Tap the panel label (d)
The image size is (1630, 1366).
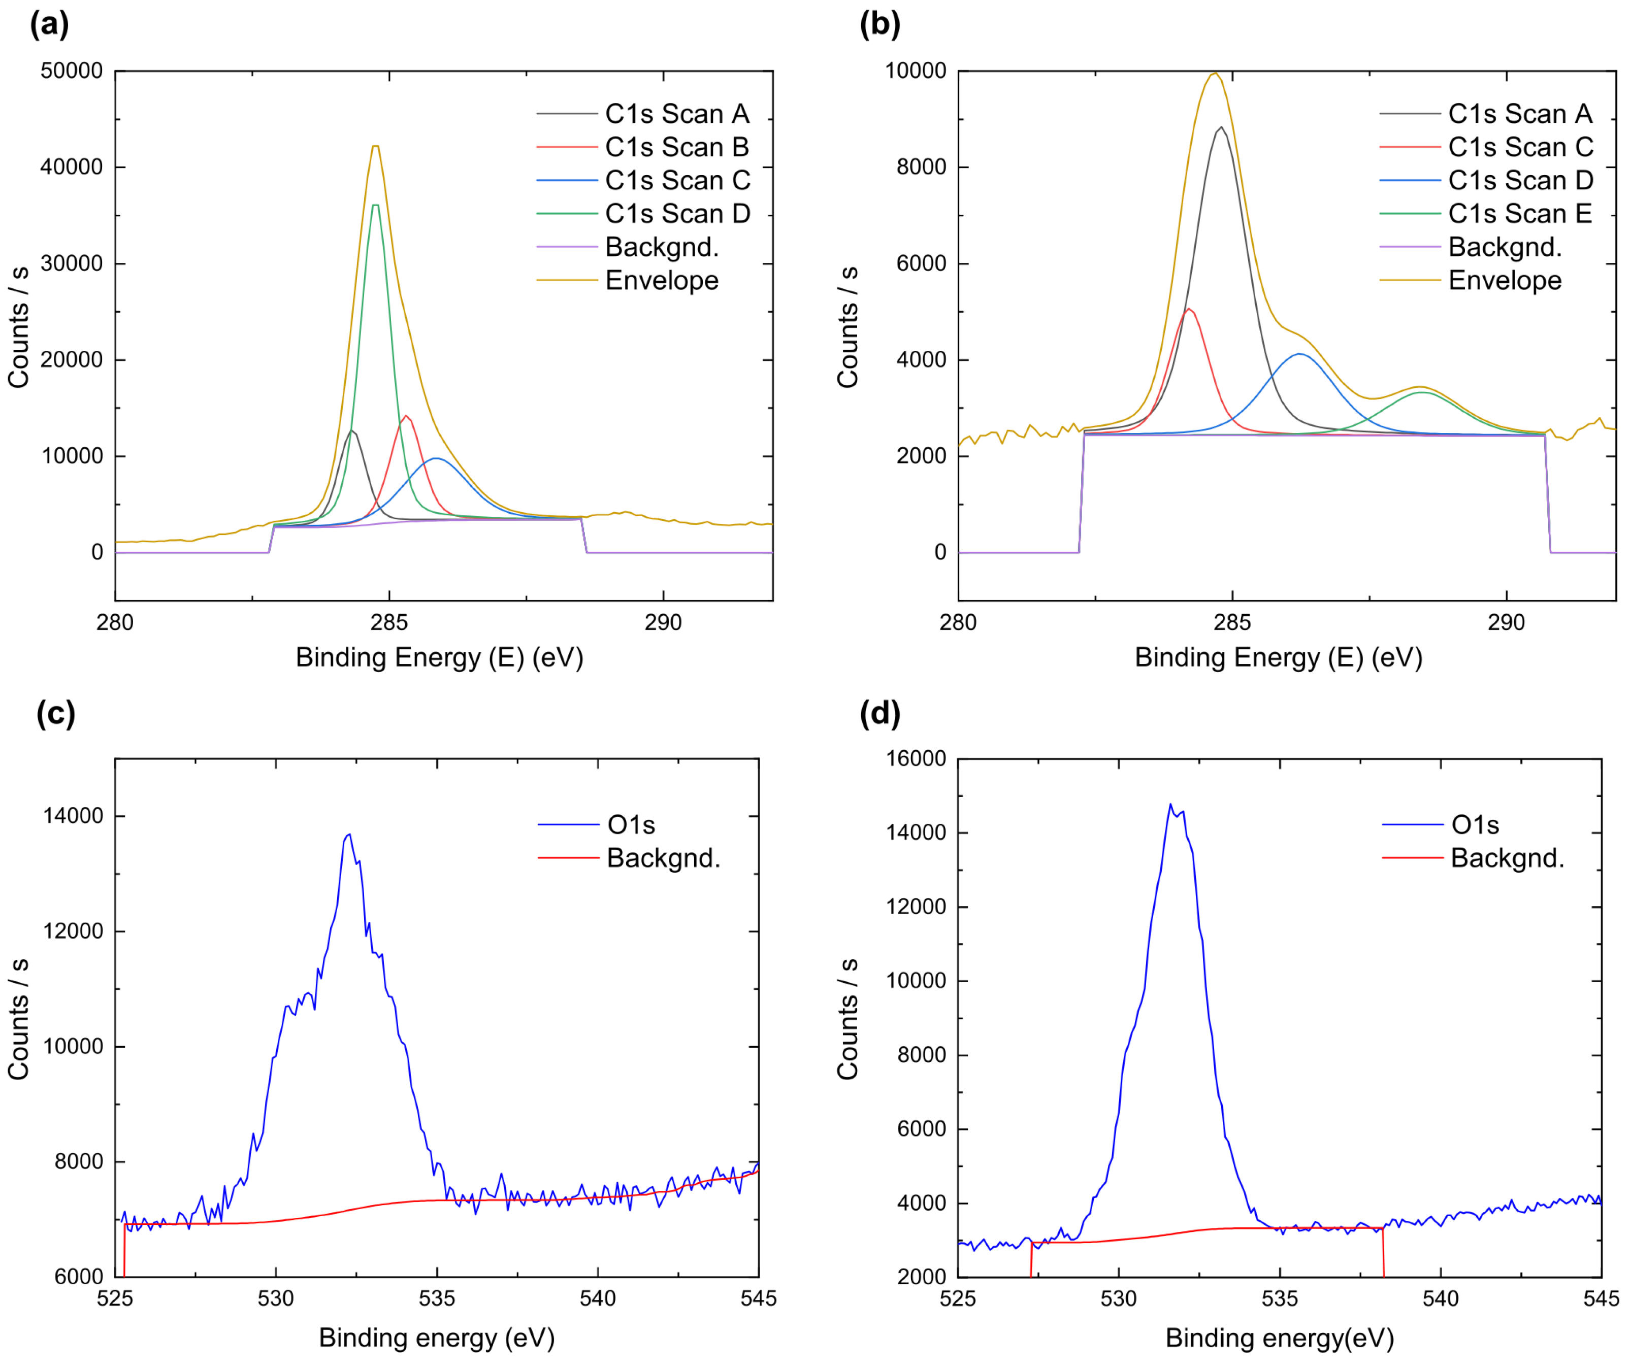pos(879,713)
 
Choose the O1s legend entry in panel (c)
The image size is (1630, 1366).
pos(630,825)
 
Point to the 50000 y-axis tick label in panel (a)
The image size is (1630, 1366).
pos(72,71)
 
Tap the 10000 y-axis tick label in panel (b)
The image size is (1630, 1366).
pos(916,71)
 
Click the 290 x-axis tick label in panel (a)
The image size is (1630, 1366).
pos(663,622)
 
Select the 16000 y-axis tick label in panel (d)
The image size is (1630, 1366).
pos(916,759)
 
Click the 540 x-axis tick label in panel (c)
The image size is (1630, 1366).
pos(598,1298)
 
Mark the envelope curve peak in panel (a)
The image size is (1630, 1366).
pos(376,146)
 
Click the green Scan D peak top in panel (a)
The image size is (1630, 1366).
pos(376,205)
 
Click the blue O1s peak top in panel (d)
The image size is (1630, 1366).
pos(1170,805)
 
